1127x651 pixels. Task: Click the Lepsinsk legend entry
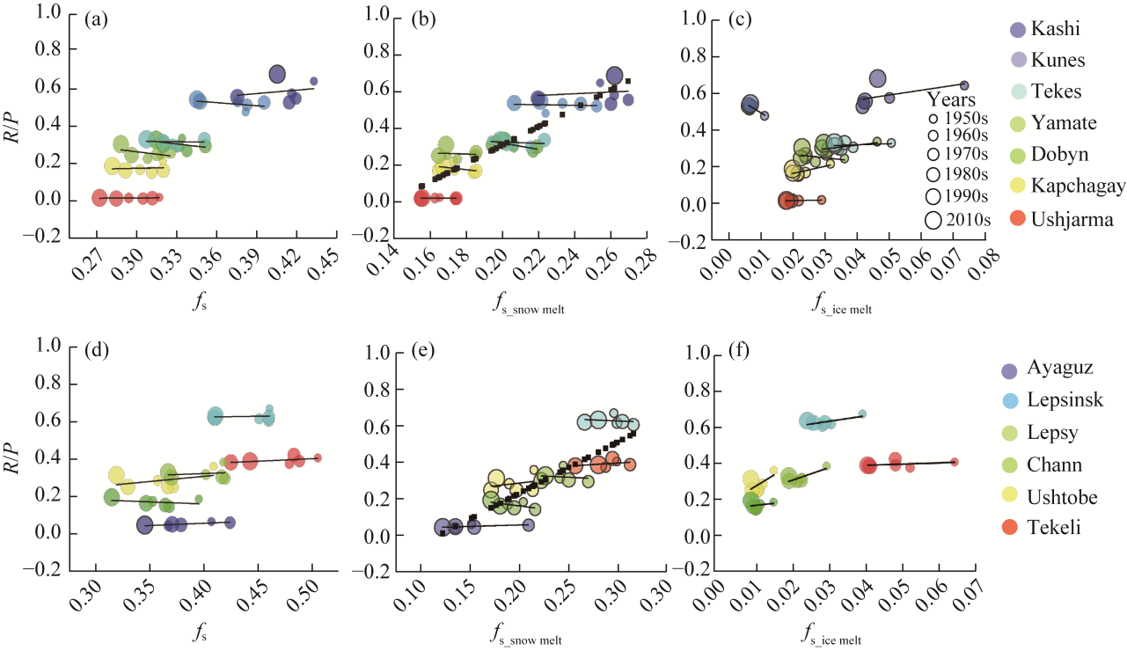point(1065,402)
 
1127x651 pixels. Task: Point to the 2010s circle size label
point(965,221)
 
